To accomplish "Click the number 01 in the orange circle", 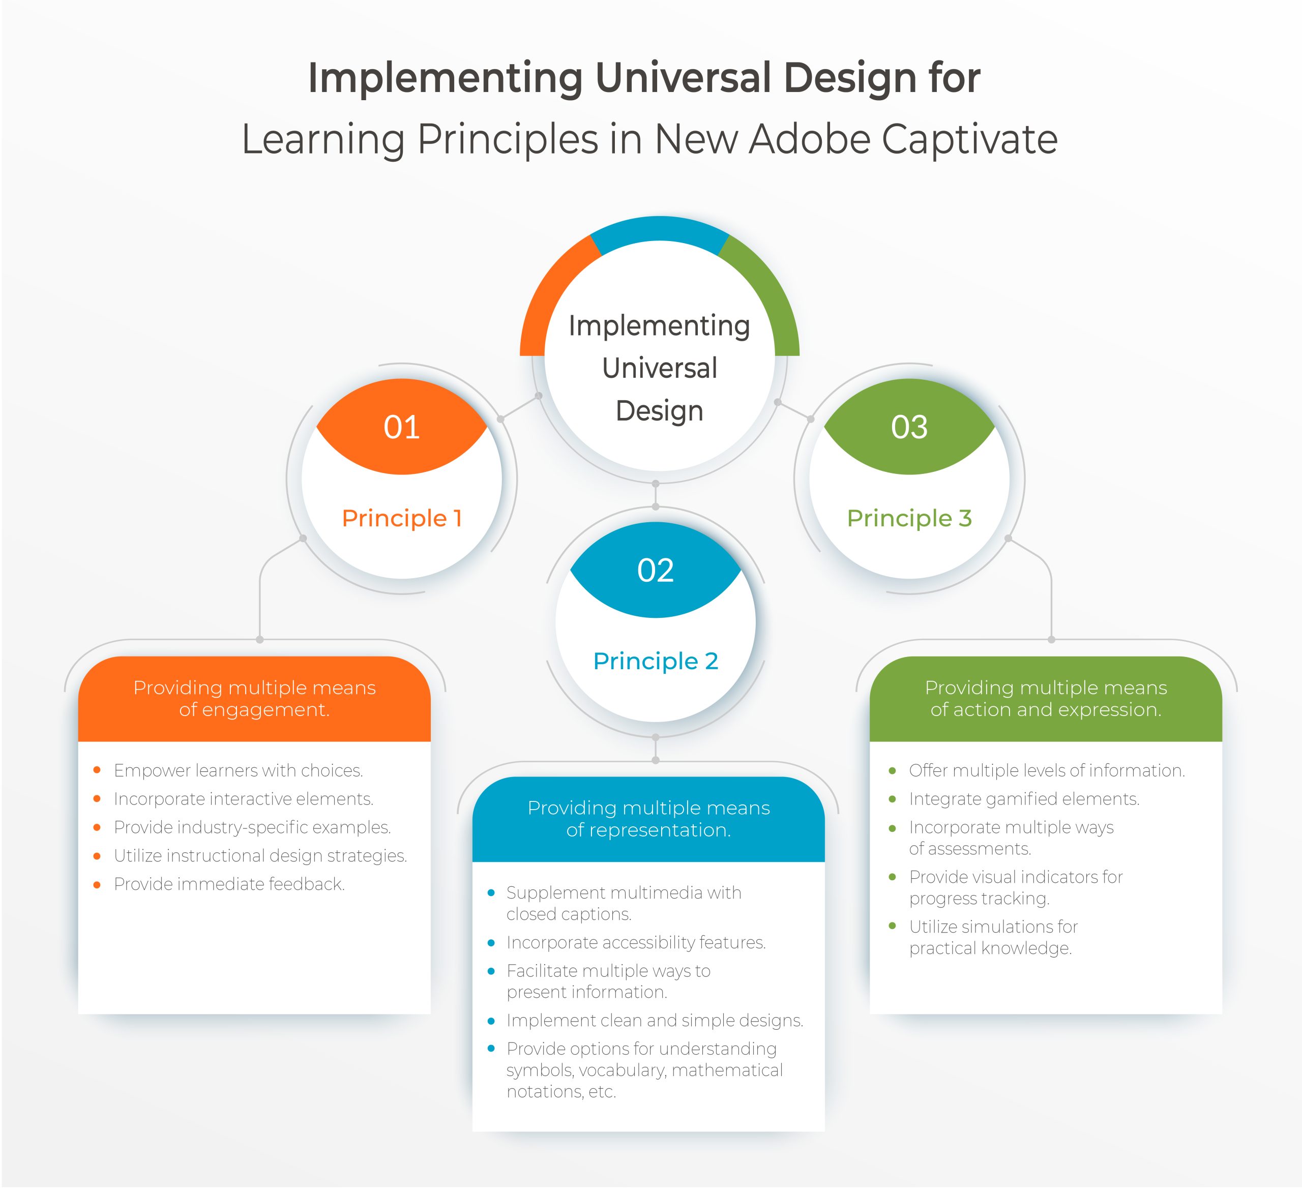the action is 401,427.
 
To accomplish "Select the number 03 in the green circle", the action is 909,427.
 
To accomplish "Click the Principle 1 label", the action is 401,518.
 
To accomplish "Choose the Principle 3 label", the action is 909,518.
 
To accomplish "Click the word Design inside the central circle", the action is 659,411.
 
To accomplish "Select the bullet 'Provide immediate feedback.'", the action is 229,884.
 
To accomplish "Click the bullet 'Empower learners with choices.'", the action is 239,770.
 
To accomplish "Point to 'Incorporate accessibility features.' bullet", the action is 636,943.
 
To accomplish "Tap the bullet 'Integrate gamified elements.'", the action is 1024,799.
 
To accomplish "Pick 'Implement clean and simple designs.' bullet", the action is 655,1020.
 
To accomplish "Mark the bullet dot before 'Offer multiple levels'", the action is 893,770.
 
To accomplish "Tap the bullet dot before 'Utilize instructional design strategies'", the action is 97,856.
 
